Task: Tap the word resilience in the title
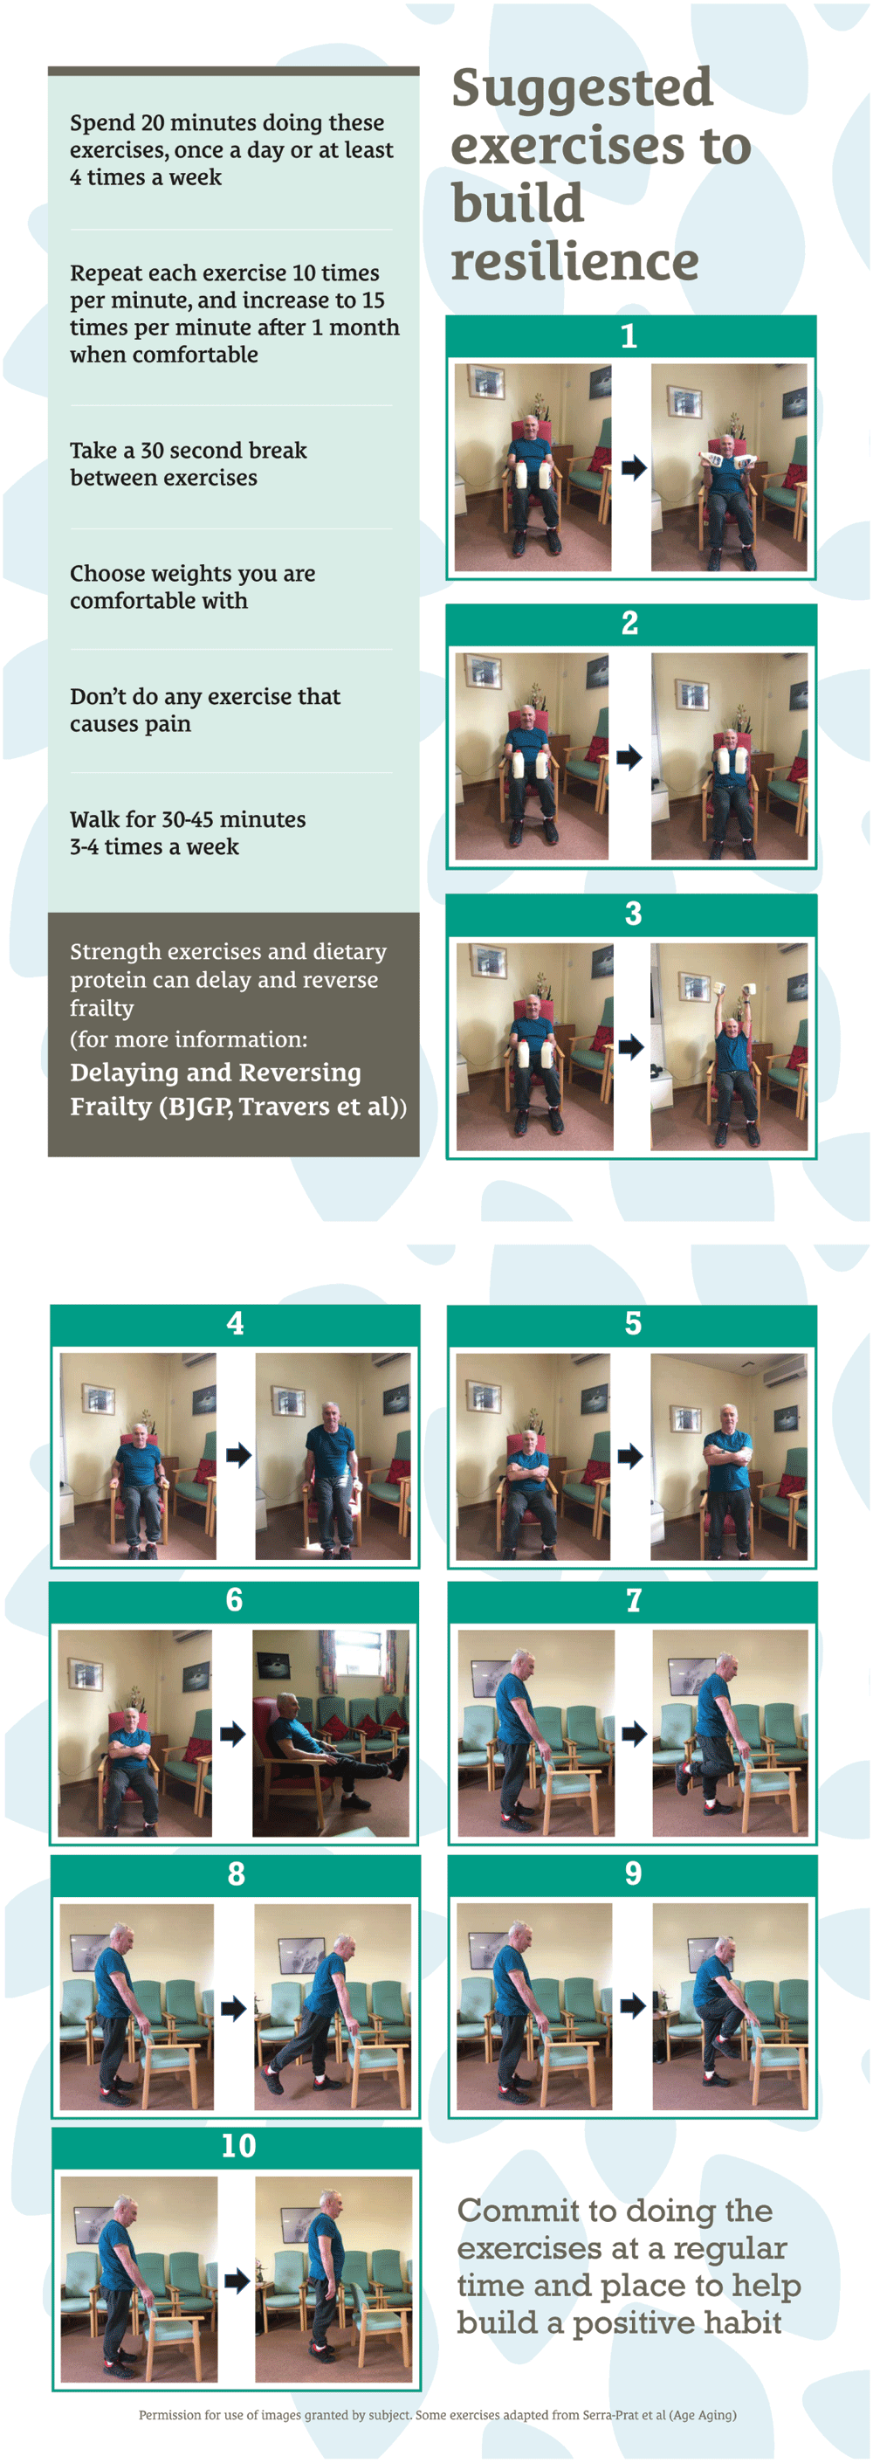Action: tap(574, 261)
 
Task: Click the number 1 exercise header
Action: tap(629, 335)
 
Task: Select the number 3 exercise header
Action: tap(633, 913)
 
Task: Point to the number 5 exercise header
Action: tap(633, 1323)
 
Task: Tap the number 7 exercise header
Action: tap(633, 1599)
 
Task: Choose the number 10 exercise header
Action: tap(238, 2146)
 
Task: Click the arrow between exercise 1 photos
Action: tap(633, 467)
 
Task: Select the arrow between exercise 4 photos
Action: tap(238, 1456)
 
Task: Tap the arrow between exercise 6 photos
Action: tap(232, 1734)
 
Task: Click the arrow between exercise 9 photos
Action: tap(632, 2006)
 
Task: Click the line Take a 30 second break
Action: tap(189, 451)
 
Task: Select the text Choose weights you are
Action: tap(192, 574)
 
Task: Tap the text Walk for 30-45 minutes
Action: tap(188, 819)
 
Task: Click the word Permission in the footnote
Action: tap(169, 2415)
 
